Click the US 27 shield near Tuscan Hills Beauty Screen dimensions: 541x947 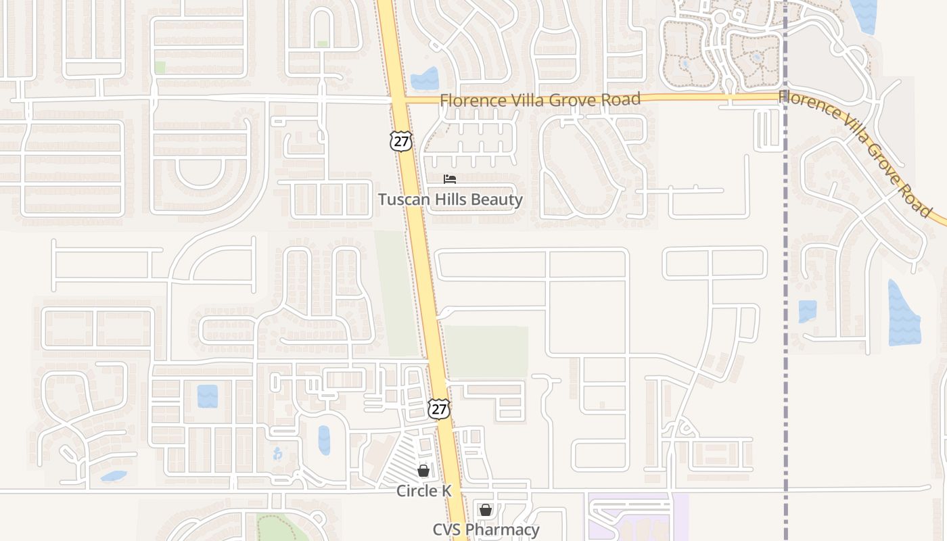coord(400,141)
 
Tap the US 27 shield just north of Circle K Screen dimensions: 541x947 coord(439,408)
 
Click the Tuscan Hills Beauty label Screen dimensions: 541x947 coord(450,199)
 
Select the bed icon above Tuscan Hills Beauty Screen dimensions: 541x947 coord(450,179)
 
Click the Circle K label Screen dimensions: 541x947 coord(423,491)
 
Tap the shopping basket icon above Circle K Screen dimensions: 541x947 coord(423,471)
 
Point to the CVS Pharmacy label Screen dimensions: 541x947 coord(486,530)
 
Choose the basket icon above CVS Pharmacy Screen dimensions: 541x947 coord(486,510)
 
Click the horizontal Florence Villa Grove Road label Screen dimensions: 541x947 coord(540,100)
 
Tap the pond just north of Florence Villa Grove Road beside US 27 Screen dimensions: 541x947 coord(425,79)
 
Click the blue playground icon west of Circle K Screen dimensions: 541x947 coord(277,454)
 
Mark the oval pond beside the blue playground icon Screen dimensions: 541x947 coord(324,440)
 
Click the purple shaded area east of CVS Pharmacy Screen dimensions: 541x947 coord(636,517)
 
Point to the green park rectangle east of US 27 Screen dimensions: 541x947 coord(487,351)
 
